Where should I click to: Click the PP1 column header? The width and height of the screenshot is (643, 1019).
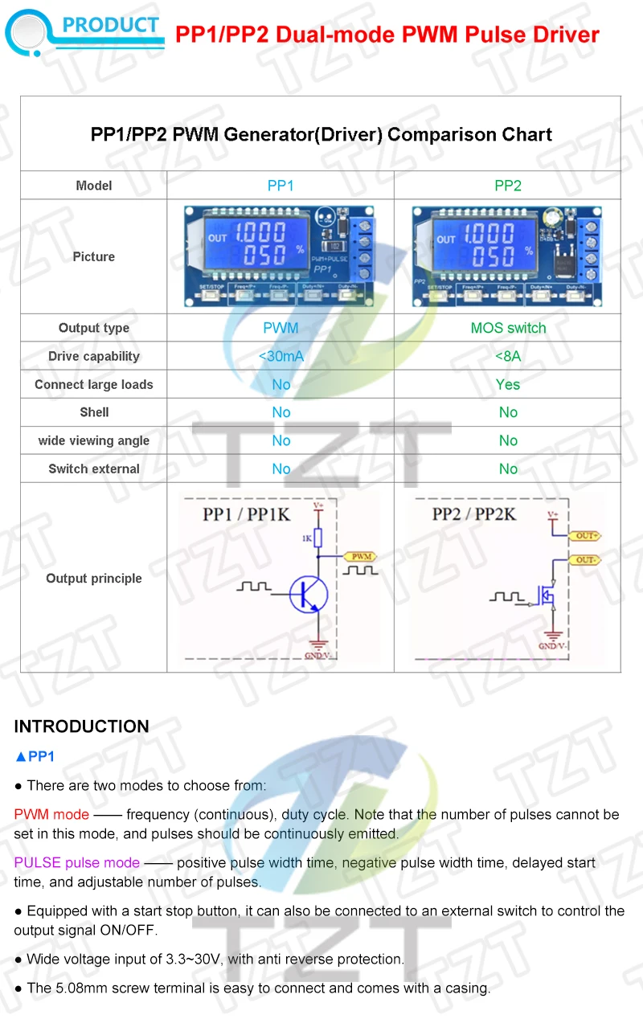pos(281,186)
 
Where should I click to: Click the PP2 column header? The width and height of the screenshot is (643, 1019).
pos(508,186)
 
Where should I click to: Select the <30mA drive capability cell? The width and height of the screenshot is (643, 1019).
pos(281,356)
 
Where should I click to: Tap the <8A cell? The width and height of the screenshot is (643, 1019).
pos(508,356)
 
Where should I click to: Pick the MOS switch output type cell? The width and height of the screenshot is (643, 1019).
pos(508,328)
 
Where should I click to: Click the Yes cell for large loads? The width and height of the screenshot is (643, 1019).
pos(508,384)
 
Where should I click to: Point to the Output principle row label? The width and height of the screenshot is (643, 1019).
pos(94,579)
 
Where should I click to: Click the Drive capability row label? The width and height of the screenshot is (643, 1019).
pos(94,356)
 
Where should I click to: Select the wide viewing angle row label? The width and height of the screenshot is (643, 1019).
pos(94,440)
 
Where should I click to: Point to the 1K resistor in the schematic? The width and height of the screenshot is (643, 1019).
pos(318,538)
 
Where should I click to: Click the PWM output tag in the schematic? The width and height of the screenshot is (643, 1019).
pos(359,556)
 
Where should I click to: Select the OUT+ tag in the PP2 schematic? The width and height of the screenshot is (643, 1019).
pos(584,535)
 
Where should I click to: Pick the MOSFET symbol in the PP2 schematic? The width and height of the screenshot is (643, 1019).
pos(546,595)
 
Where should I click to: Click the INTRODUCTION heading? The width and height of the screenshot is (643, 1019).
pos(82,726)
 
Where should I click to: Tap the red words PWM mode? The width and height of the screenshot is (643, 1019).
pos(51,815)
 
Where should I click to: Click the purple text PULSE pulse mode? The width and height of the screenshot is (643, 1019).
pos(77,863)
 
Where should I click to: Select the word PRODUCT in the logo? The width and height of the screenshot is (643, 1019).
pos(111,25)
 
